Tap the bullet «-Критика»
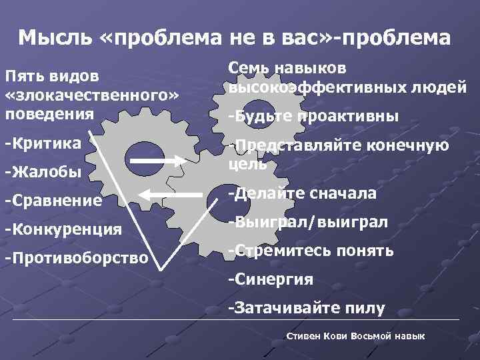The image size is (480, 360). pos(43,143)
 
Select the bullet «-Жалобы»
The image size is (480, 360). pos(43,172)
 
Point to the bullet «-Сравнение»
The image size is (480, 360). pos(53,200)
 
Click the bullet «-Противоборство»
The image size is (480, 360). pos(76,257)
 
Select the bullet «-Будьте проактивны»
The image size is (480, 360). pos(313,117)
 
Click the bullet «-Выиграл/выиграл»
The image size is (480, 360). pos(307,223)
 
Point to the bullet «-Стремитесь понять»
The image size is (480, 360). pos(311,251)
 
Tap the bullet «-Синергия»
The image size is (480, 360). pos(270,279)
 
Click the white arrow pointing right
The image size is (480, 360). pos(155,160)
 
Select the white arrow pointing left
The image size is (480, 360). pos(171,193)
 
